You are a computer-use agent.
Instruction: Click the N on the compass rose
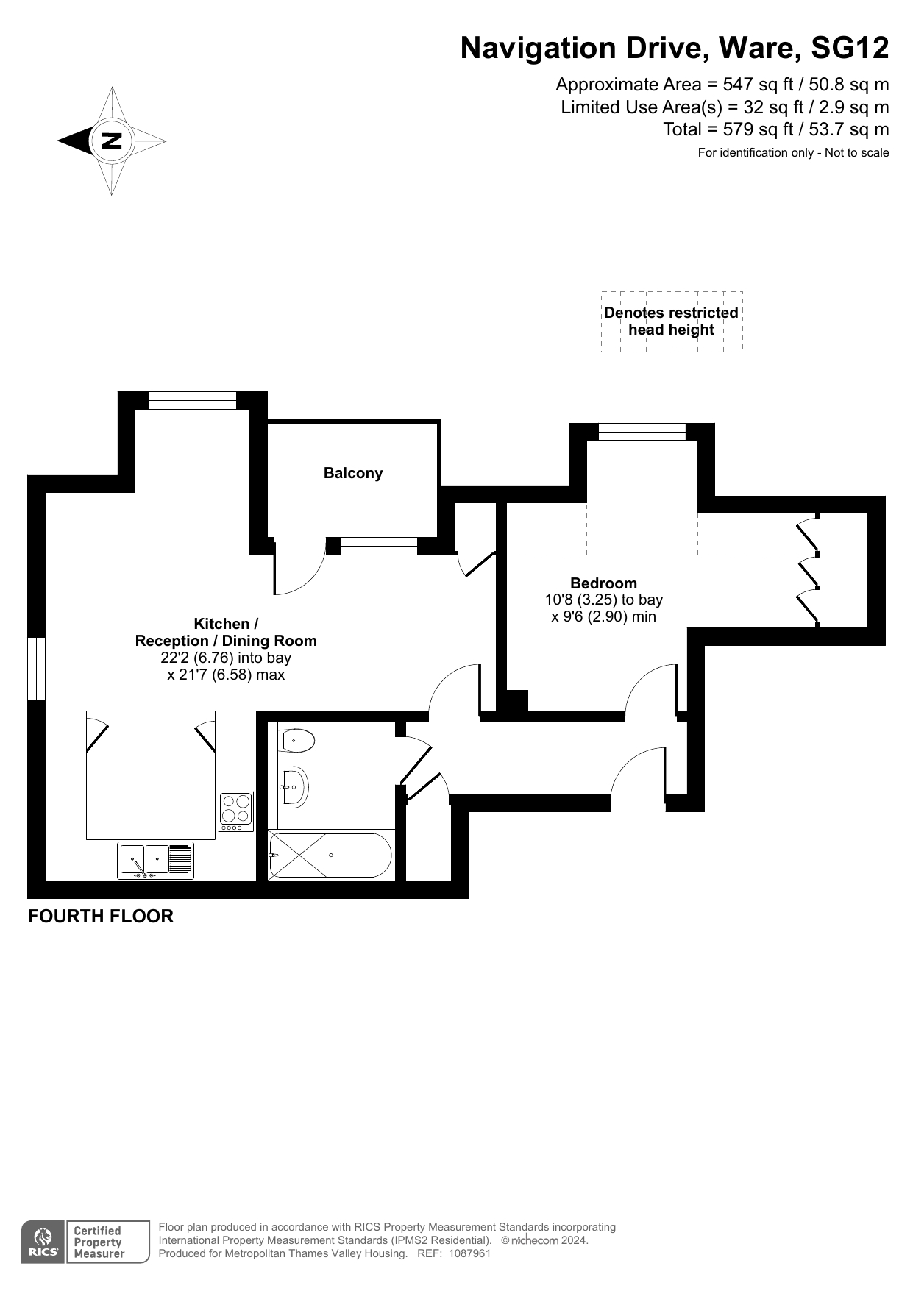click(x=112, y=140)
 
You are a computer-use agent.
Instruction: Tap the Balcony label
click(x=353, y=473)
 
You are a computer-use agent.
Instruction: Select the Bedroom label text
click(x=603, y=583)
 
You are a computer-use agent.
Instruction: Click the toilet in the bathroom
click(x=297, y=740)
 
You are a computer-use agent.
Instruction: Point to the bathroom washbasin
click(x=293, y=787)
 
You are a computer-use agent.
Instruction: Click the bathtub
click(x=330, y=855)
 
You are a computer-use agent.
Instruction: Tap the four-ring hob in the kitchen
click(x=236, y=811)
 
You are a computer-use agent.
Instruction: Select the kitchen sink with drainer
click(x=156, y=861)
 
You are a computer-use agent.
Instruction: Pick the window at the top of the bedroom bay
click(x=642, y=432)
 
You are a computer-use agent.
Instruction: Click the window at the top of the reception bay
click(x=193, y=400)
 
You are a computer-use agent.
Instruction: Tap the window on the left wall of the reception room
click(x=37, y=668)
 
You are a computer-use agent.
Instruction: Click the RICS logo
click(x=44, y=1242)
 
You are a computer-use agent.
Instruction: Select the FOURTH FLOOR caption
click(x=101, y=917)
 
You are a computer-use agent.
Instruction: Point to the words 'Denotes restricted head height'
click(x=671, y=321)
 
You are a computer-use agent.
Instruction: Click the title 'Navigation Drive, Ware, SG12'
click(x=675, y=49)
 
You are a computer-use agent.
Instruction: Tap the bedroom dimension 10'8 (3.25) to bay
click(x=604, y=600)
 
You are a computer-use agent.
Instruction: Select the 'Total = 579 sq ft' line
click(x=776, y=130)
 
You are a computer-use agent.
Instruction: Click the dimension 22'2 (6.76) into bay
click(x=226, y=658)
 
